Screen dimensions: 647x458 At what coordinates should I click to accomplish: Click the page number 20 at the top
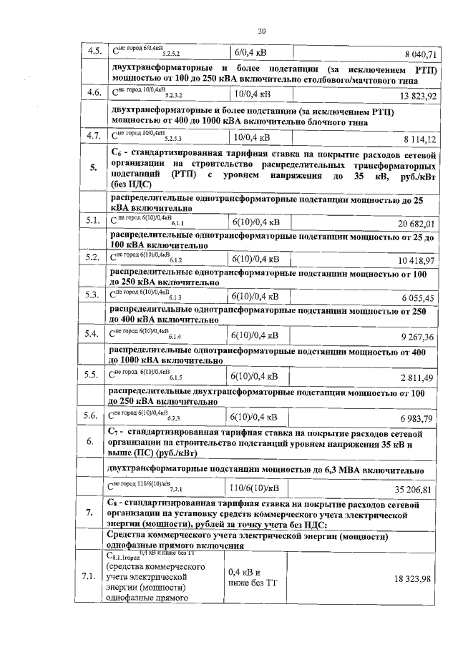coord(261,31)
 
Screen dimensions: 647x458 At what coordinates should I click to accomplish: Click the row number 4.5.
coord(92,51)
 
